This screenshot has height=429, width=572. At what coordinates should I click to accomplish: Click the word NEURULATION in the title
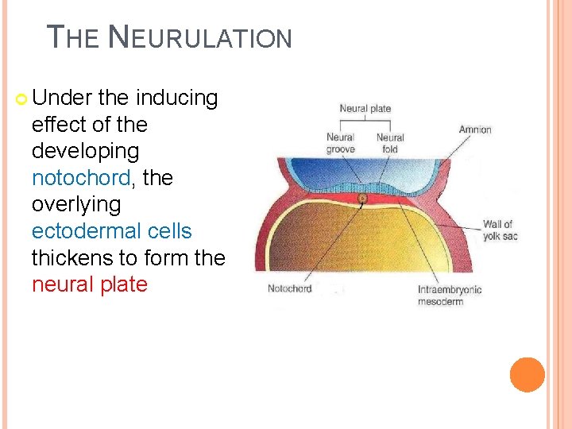[x=199, y=37]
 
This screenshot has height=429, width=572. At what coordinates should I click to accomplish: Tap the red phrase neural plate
[x=90, y=284]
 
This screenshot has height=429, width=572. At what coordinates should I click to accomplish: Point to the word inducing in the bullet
[x=176, y=99]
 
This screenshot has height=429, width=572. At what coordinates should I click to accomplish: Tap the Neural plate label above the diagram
[x=365, y=110]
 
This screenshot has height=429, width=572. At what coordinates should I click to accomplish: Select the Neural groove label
[x=340, y=143]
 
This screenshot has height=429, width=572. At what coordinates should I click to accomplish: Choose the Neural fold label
[x=390, y=143]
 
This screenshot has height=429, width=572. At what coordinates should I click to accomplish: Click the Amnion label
[x=475, y=129]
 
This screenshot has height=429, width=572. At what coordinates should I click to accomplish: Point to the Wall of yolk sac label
[x=499, y=230]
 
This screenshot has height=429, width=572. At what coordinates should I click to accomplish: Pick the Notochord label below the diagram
[x=289, y=288]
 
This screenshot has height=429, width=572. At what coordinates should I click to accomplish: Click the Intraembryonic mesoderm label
[x=450, y=296]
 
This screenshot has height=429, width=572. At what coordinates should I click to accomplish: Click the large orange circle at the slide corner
[x=528, y=374]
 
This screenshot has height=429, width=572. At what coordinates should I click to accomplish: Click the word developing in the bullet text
[x=85, y=151]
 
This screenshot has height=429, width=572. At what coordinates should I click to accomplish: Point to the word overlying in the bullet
[x=76, y=204]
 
